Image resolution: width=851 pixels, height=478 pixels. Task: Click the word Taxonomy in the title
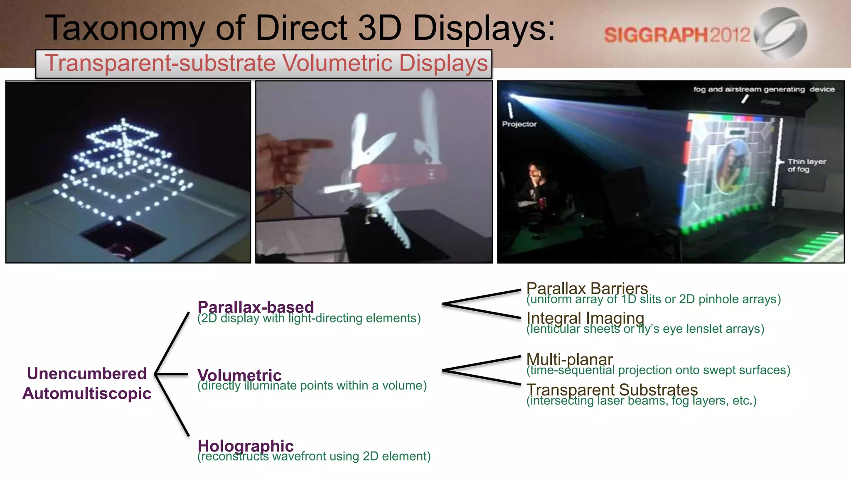125,28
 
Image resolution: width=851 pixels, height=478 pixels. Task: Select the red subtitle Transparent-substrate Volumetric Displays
266,63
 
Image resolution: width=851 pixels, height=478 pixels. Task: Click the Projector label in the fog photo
519,124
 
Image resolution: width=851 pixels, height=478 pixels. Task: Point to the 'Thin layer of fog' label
806,165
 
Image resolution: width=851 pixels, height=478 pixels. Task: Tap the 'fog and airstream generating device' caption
764,89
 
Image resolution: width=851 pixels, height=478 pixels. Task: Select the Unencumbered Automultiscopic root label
87,383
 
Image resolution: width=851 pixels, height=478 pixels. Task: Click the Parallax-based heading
256,307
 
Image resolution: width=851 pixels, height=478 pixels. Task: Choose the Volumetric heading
239,375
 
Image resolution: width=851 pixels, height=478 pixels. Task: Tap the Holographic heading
246,446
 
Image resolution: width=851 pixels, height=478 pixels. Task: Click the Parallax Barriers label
587,288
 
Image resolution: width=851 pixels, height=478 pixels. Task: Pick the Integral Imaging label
585,318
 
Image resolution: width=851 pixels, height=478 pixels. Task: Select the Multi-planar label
569,359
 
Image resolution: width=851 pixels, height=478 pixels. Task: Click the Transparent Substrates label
612,390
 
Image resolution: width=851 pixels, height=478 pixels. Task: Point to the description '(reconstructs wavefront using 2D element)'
314,456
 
